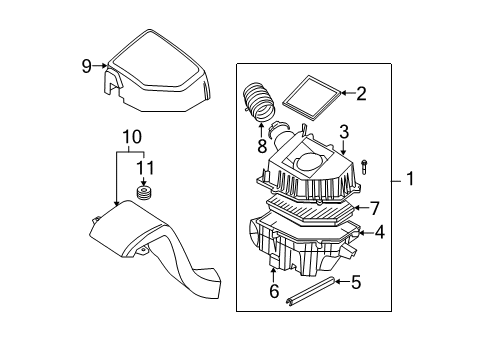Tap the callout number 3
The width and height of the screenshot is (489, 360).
[343, 131]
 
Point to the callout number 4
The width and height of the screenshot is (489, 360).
[379, 233]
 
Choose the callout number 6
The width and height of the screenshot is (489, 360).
[272, 292]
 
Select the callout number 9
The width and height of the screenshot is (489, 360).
[86, 67]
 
